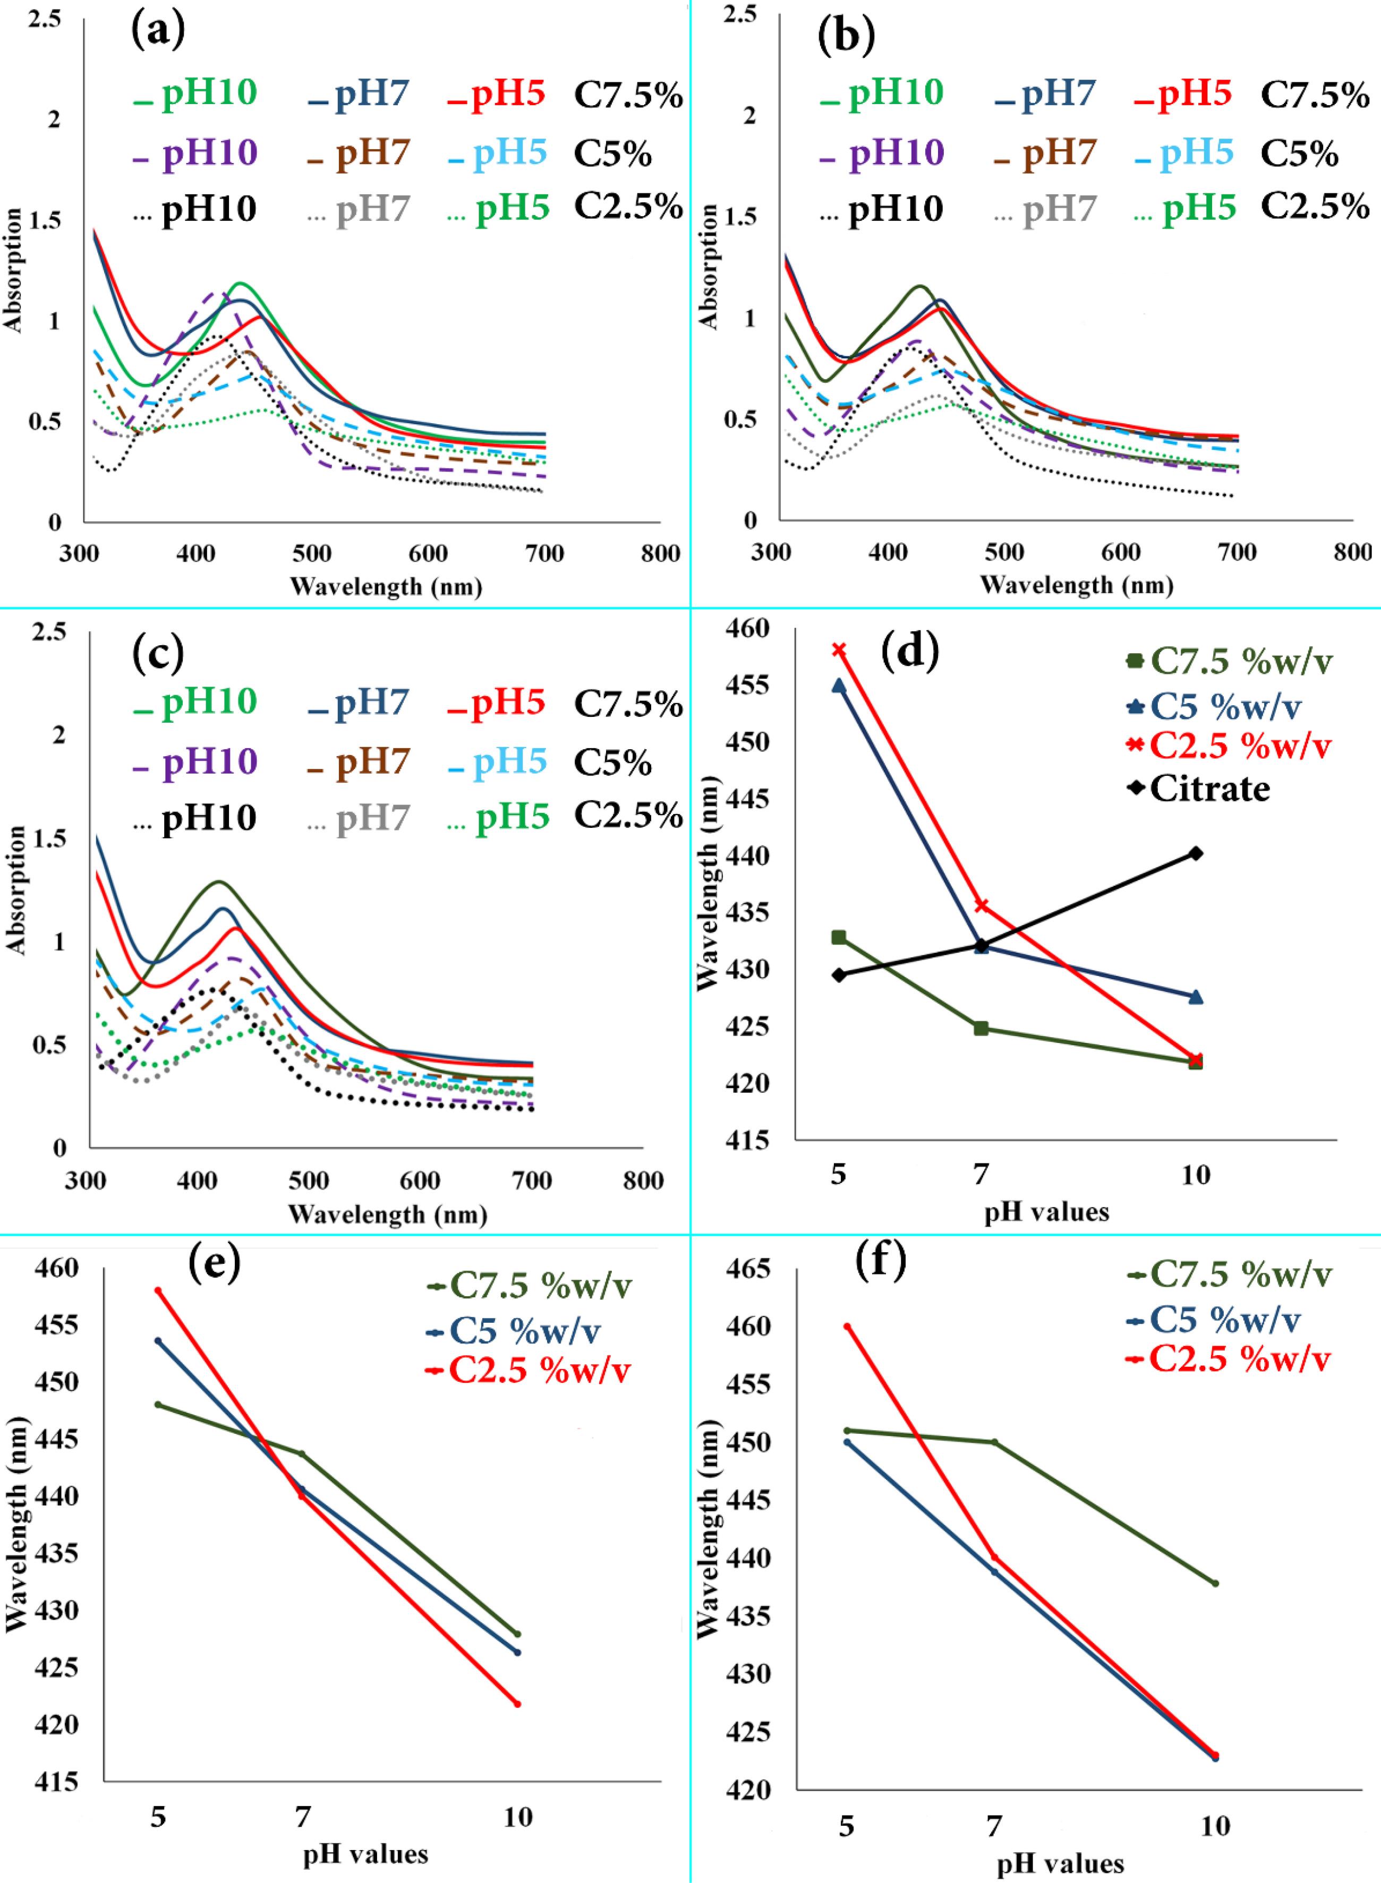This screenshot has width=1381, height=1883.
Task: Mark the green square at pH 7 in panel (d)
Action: (982, 1028)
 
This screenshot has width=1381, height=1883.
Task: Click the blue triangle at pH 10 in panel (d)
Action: (1196, 996)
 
